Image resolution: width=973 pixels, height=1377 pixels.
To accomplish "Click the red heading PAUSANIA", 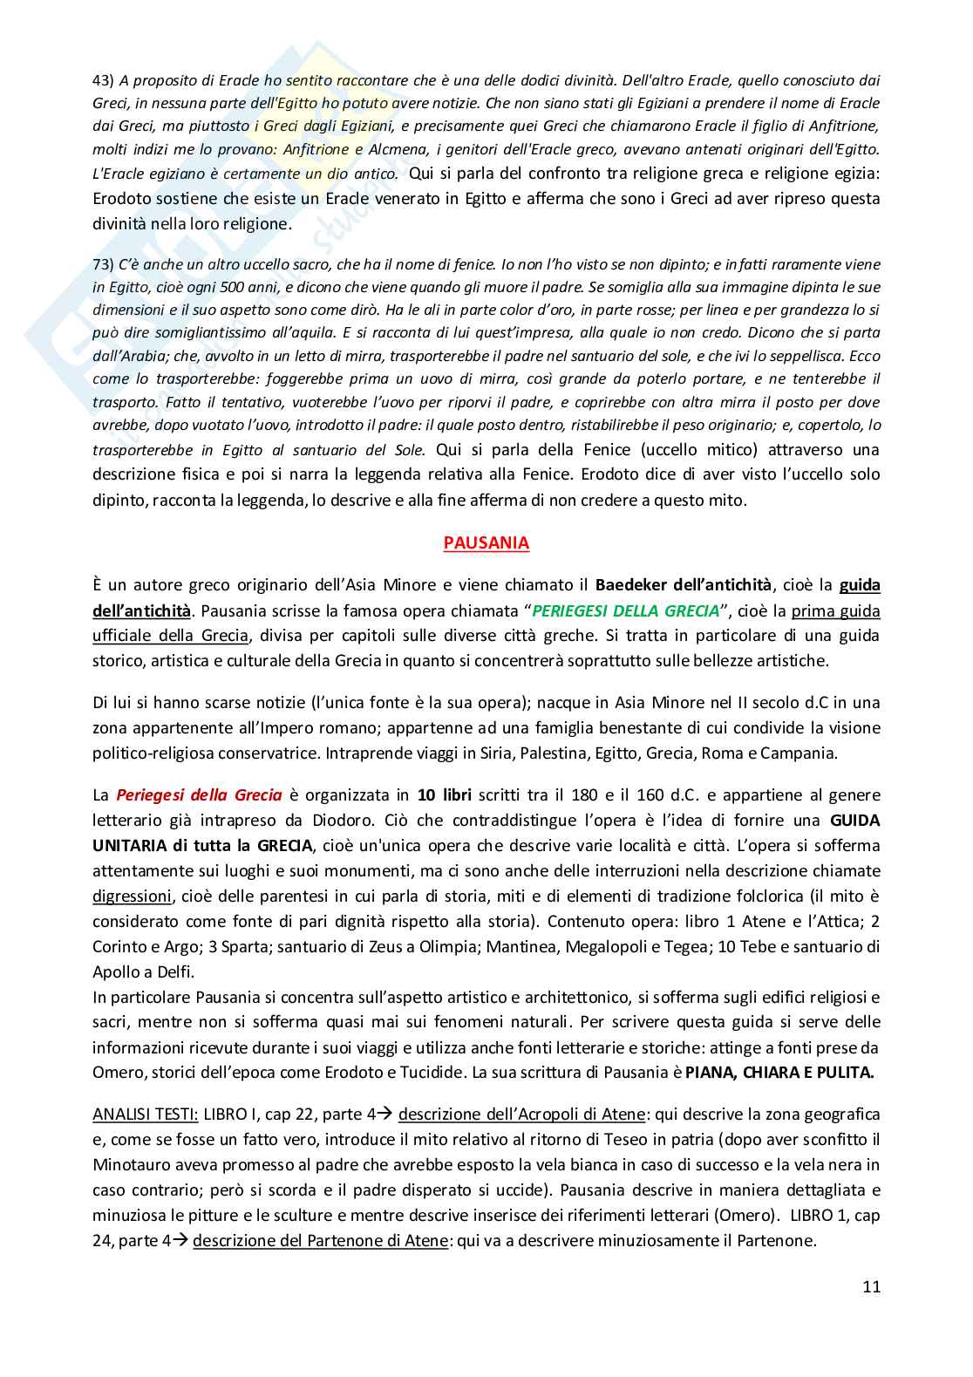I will click(x=486, y=542).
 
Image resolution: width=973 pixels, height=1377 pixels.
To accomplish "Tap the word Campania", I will click(x=801, y=753).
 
